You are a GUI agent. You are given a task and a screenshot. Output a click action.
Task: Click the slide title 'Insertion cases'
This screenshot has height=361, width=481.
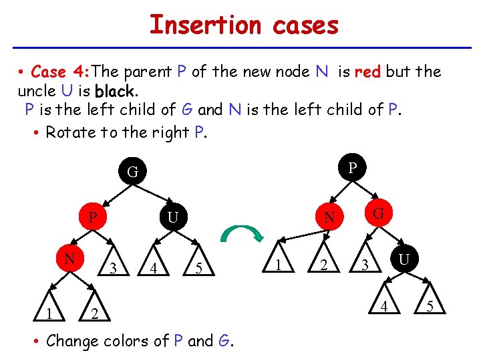click(244, 25)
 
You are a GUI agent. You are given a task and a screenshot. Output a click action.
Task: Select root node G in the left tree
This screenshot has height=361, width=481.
click(133, 172)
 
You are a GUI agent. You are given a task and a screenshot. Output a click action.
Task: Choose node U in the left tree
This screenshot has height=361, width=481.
click(172, 218)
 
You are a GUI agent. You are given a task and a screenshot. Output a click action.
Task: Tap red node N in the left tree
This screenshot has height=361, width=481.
click(69, 258)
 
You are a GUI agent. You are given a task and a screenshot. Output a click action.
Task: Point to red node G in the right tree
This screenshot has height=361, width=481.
click(378, 213)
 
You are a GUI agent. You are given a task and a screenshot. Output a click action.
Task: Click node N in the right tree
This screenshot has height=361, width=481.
click(329, 218)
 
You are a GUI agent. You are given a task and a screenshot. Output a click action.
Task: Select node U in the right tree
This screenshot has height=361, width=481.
click(404, 257)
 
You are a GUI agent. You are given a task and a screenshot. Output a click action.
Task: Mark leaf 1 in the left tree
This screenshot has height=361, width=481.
click(42, 314)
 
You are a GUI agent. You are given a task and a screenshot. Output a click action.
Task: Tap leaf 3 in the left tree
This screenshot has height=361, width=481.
click(114, 269)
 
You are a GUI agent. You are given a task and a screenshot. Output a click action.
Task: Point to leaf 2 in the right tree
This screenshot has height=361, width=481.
click(323, 266)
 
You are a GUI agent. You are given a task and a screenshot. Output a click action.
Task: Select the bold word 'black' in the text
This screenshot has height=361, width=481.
click(115, 90)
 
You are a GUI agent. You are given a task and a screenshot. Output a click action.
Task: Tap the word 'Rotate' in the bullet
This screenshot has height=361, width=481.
click(70, 132)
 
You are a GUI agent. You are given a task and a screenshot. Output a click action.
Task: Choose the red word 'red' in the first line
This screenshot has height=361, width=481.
click(367, 72)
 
